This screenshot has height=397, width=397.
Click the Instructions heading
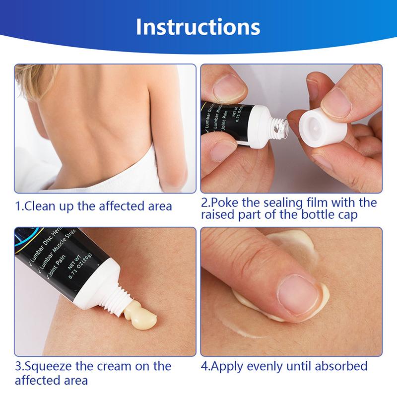(198, 27)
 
